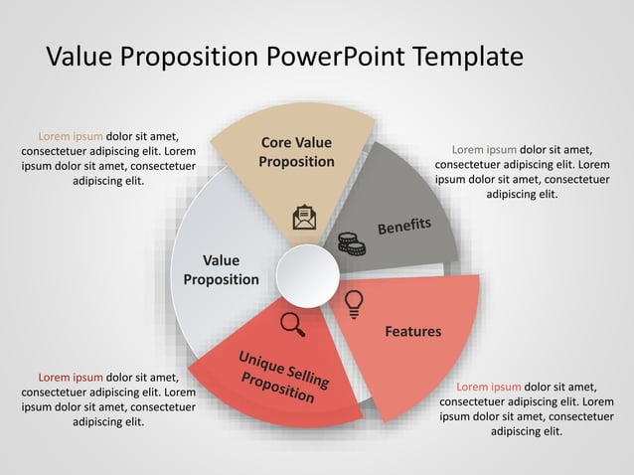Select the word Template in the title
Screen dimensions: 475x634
click(468, 57)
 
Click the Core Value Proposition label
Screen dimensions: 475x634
click(296, 152)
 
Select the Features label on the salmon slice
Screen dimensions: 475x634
click(412, 331)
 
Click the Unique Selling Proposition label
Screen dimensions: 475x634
click(282, 376)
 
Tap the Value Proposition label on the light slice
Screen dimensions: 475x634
click(221, 270)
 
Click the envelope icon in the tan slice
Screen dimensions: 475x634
click(304, 218)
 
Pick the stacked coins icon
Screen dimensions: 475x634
click(351, 242)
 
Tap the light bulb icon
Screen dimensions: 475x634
click(353, 302)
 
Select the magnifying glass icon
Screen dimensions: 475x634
click(292, 323)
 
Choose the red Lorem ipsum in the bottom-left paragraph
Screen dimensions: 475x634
click(71, 377)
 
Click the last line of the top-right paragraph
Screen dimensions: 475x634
click(522, 195)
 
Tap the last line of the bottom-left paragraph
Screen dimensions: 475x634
click(108, 421)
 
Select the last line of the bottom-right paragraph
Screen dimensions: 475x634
click(527, 431)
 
